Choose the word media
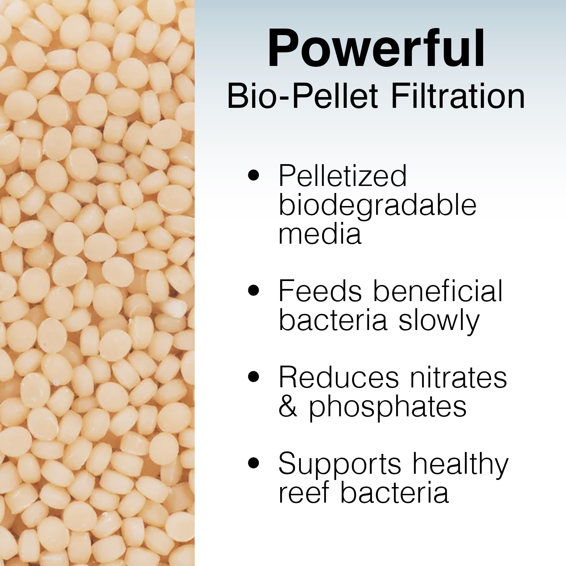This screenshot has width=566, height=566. pos(320,233)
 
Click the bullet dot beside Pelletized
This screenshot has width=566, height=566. pos(254,175)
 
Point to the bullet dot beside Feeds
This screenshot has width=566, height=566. pos(254,291)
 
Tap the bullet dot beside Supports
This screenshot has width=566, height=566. pos(254,463)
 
